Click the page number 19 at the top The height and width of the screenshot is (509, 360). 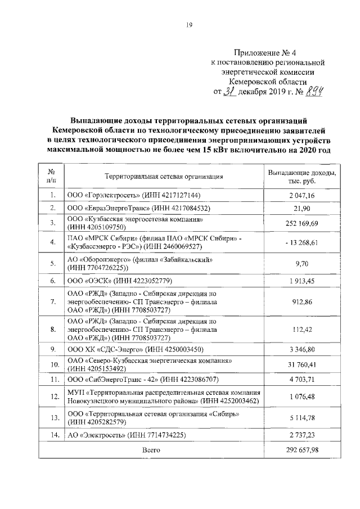190,23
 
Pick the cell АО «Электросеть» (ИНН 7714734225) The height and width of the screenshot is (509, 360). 127,435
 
